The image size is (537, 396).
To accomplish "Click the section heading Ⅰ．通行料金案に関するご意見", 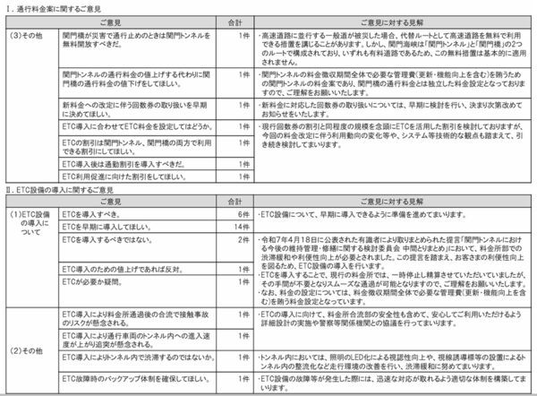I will [x=54, y=5].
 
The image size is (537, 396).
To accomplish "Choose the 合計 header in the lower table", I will [x=234, y=203].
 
